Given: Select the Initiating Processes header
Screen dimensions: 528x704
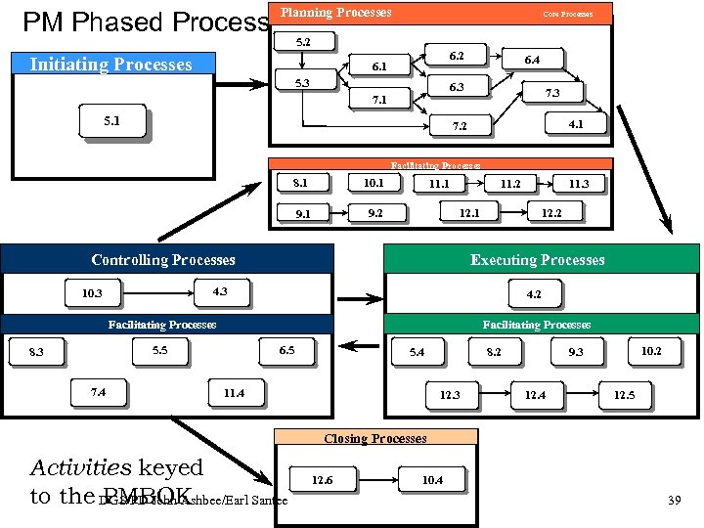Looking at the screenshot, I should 110,65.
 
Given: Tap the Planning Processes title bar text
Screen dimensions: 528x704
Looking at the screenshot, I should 336,13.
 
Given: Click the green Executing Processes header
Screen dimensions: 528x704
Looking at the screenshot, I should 538,259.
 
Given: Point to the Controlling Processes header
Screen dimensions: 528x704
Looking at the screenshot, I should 163,259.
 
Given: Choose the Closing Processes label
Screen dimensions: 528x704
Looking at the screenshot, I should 376,438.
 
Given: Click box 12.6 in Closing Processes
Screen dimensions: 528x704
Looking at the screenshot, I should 322,480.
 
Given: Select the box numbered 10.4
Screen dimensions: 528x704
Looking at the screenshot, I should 431,480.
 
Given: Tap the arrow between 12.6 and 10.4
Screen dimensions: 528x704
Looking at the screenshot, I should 376,480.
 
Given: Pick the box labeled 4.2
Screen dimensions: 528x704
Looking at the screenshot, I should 534,293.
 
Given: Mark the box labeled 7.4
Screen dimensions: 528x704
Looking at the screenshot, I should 98,393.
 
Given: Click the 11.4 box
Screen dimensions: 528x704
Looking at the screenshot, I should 234,393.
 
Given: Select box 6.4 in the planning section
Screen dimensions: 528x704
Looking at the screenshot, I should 531,60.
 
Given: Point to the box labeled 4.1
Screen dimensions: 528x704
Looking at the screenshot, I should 576,124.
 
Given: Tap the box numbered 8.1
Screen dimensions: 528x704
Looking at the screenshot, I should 300,182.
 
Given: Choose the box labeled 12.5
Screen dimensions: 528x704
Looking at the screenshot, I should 624,395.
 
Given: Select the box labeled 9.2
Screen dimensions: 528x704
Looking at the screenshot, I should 374,211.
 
